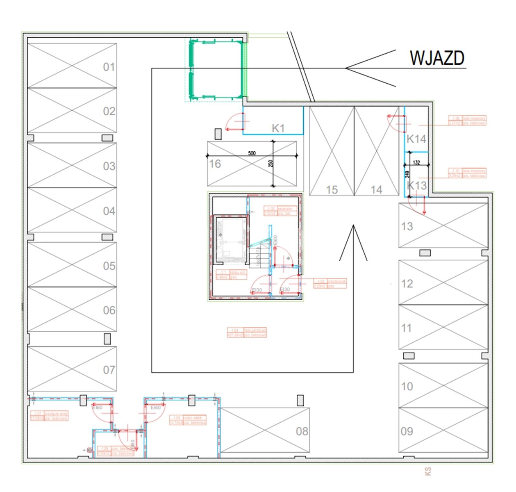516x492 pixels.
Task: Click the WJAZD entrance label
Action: (437, 58)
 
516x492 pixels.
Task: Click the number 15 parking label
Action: (332, 190)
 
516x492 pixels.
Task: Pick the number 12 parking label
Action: (407, 284)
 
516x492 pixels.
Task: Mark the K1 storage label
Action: (278, 128)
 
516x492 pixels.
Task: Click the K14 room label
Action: (416, 139)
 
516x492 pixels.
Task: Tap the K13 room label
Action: (417, 185)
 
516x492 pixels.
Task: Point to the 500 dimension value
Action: (252, 153)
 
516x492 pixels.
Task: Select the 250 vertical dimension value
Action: (271, 164)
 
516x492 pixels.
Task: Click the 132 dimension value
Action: (416, 162)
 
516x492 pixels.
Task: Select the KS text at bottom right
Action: (428, 471)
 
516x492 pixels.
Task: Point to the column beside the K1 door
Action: (218, 134)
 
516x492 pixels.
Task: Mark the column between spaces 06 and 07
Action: (107, 339)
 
